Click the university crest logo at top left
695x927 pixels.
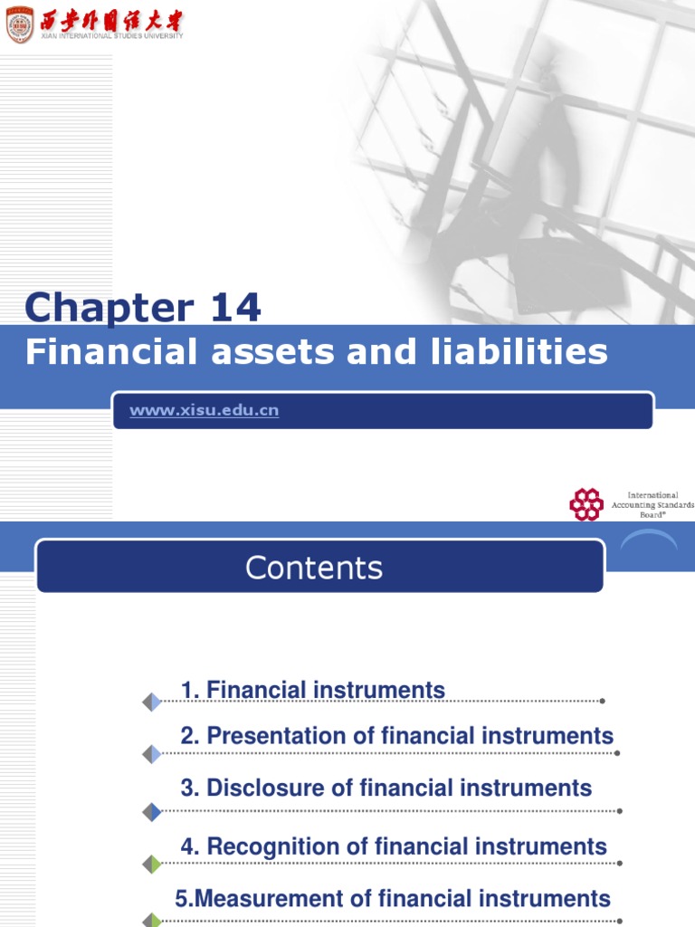(x=19, y=24)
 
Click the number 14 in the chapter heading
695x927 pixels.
(x=234, y=308)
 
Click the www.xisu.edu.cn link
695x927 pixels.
(x=204, y=410)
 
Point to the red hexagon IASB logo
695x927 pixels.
(x=586, y=504)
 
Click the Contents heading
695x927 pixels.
(x=314, y=568)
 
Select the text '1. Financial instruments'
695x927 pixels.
(x=312, y=690)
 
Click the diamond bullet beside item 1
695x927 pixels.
(x=152, y=702)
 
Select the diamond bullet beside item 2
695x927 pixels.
(x=152, y=754)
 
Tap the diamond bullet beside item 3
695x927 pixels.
(x=152, y=812)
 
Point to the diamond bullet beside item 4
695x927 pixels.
(x=152, y=865)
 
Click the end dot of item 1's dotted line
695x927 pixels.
(x=603, y=701)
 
